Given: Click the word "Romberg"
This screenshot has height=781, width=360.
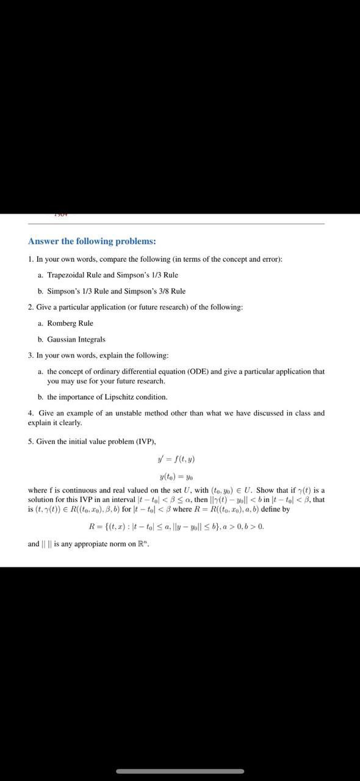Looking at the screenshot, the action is tap(62, 323).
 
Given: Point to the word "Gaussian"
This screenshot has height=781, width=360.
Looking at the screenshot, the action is tap(63, 339).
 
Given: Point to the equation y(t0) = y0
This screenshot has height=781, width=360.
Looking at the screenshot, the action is tap(176, 477).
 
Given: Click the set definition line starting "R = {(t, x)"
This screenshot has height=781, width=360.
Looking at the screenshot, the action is tap(176, 526).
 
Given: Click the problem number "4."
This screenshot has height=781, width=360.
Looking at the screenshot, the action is tap(31, 413).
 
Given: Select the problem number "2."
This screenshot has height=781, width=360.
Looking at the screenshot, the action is tap(31, 308).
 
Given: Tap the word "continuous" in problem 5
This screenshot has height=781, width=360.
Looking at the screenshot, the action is tap(73, 490).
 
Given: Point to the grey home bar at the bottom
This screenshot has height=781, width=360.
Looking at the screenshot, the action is tap(179, 771).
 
